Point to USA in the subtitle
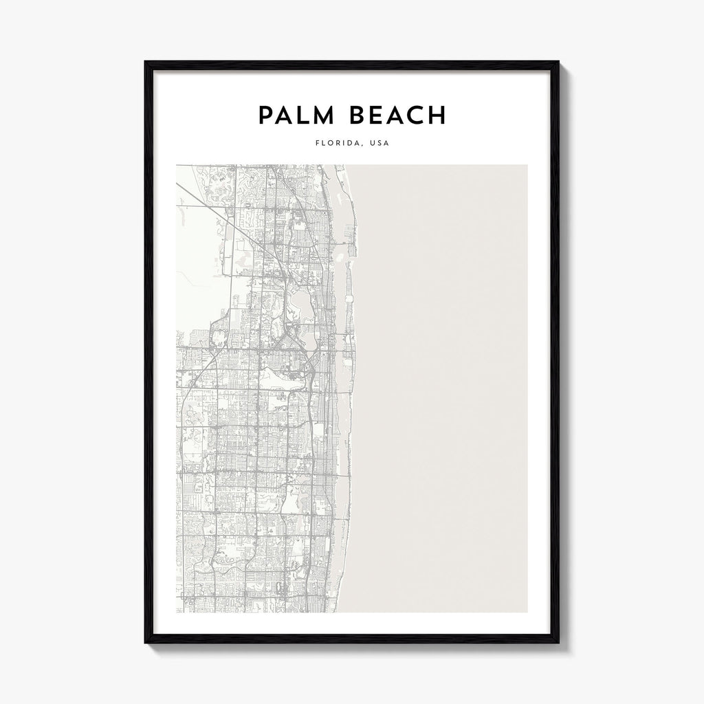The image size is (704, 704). click(379, 144)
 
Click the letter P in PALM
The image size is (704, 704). click(265, 115)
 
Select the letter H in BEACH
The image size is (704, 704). click(438, 115)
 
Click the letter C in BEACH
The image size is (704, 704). click(417, 115)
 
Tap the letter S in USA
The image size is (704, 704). click(379, 144)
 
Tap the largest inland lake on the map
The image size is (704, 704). click(303, 300)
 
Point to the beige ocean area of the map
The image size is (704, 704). click(447, 378)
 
